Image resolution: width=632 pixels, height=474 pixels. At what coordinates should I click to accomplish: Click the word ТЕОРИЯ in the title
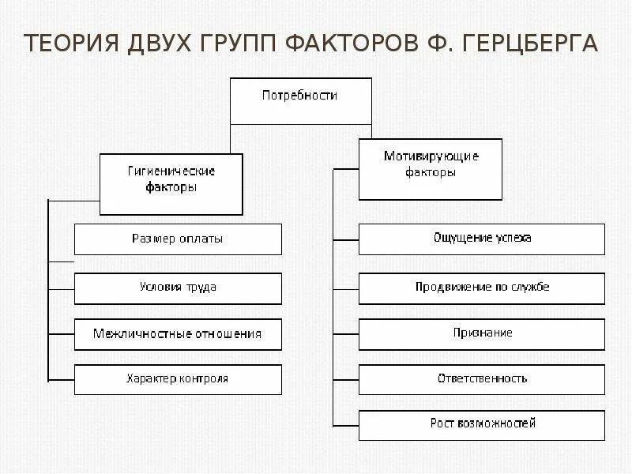coord(70,43)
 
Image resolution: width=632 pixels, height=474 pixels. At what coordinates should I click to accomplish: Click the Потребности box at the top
coord(300,100)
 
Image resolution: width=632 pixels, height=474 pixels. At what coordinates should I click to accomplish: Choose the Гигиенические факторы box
coord(171,183)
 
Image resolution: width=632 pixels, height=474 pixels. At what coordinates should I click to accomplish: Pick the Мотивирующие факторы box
coord(431,168)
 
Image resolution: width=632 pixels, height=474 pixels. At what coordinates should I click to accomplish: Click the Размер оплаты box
coord(178,239)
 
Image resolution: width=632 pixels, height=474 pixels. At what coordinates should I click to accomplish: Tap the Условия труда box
coord(178,288)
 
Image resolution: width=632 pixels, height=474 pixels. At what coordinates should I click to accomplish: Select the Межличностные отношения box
coord(178,333)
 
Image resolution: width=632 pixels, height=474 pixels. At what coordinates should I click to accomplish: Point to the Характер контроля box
coord(178,378)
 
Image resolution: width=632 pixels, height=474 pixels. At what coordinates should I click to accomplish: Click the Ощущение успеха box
coord(482,238)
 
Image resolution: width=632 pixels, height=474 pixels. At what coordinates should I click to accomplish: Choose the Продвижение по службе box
coord(482,288)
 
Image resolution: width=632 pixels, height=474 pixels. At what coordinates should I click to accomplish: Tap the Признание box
coord(482,333)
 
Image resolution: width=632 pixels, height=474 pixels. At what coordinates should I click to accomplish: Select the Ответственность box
coord(482,378)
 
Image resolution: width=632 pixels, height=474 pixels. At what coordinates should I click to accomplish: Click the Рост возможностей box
coord(482,424)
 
